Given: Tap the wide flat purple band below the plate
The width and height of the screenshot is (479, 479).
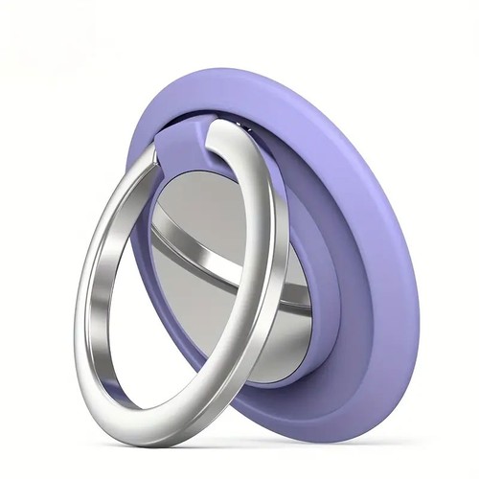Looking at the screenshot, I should click(316, 354).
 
